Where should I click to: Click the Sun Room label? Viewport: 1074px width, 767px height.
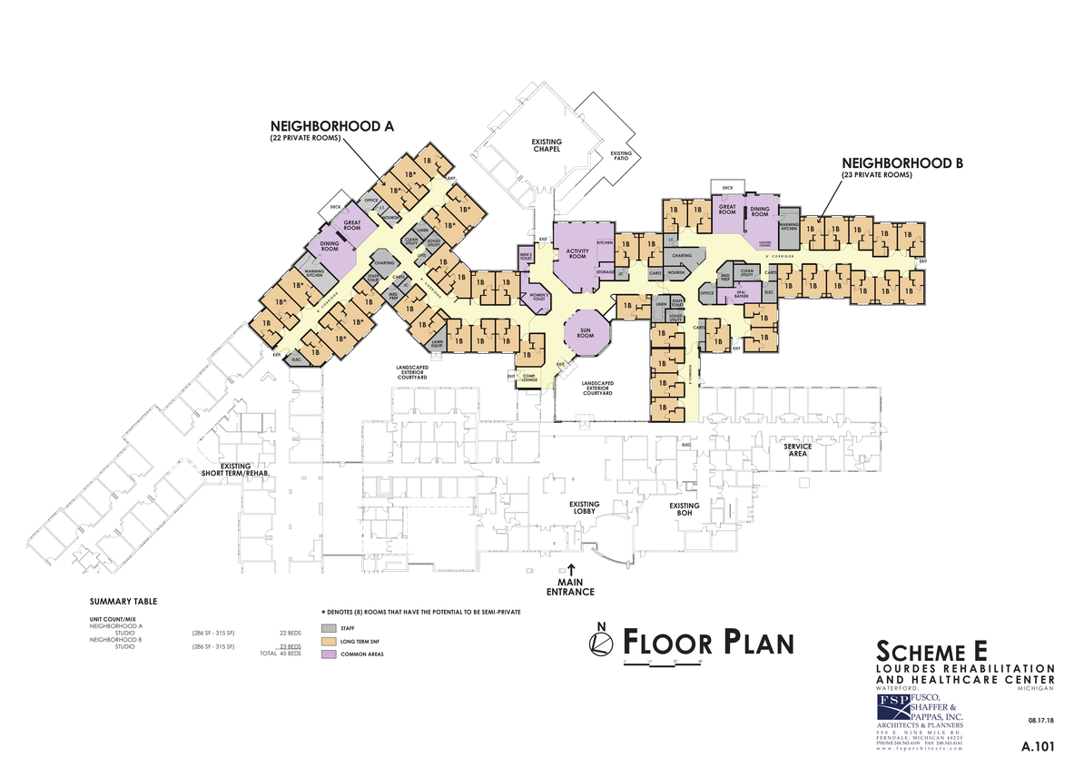pyautogui.click(x=586, y=333)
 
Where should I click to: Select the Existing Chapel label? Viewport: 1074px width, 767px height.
pyautogui.click(x=547, y=145)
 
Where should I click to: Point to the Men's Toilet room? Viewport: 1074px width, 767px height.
pyautogui.click(x=525, y=257)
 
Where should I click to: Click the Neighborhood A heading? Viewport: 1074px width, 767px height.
pyautogui.click(x=330, y=126)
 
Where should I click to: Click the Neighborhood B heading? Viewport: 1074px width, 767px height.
pyautogui.click(x=901, y=163)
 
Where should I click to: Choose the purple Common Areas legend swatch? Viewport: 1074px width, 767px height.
pyautogui.click(x=328, y=654)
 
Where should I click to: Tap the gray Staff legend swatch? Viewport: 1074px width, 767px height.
pyautogui.click(x=328, y=627)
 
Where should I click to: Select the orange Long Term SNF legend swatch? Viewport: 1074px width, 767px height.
pyautogui.click(x=328, y=641)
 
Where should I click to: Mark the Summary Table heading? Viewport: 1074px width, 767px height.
pyautogui.click(x=123, y=602)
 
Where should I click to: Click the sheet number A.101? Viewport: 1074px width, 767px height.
pyautogui.click(x=1037, y=747)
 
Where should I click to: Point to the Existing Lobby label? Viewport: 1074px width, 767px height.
pyautogui.click(x=584, y=508)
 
